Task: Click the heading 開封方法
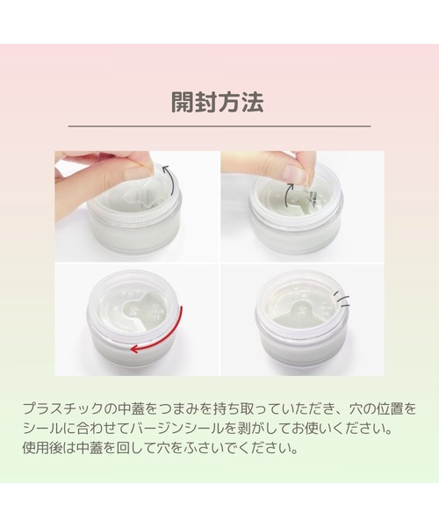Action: [218, 100]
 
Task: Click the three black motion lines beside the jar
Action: [344, 300]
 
